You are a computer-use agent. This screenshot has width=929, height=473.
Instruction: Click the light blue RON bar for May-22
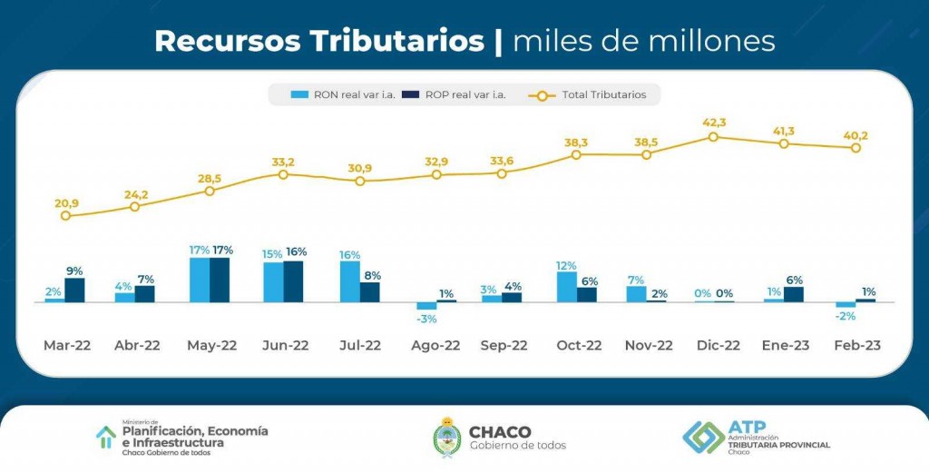pyautogui.click(x=200, y=280)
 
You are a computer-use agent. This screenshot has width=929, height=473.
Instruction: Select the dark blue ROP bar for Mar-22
pyautogui.click(x=74, y=290)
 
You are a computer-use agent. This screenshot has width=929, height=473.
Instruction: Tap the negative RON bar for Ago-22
pyautogui.click(x=426, y=306)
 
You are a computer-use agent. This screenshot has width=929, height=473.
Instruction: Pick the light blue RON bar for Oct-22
pyautogui.click(x=566, y=286)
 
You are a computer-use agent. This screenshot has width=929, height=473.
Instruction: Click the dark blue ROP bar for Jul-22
pyautogui.click(x=370, y=291)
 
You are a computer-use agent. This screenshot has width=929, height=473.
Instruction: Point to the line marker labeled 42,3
pyautogui.click(x=713, y=137)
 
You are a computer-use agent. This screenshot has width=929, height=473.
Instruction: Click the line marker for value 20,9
pyautogui.click(x=65, y=216)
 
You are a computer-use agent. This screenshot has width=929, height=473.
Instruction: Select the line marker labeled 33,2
pyautogui.click(x=283, y=174)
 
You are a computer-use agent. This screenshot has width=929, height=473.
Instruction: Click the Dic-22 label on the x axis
pyautogui.click(x=718, y=345)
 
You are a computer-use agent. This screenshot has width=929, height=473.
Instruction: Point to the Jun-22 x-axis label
pyautogui.click(x=284, y=345)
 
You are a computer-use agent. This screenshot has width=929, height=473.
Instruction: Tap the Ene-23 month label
pyautogui.click(x=786, y=345)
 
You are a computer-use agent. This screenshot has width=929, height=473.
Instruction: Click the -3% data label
pyautogui.click(x=427, y=319)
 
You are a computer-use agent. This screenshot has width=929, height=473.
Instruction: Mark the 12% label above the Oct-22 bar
pyautogui.click(x=566, y=265)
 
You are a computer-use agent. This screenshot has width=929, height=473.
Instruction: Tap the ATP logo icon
pyautogui.click(x=703, y=437)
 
